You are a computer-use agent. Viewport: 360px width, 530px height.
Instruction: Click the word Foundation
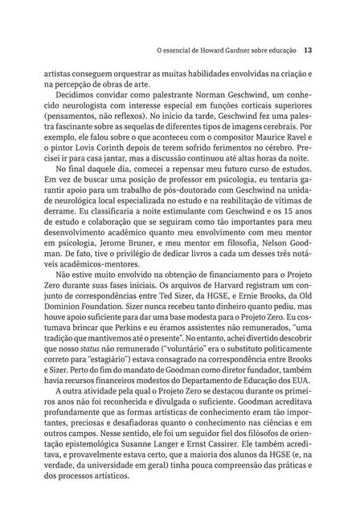pos(121,330)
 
